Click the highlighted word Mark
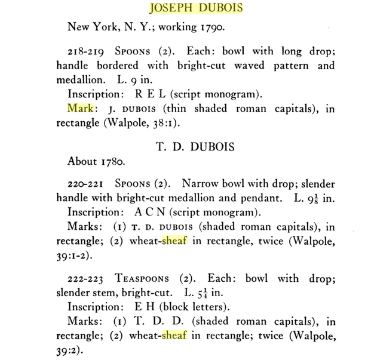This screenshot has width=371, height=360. click(x=80, y=109)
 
